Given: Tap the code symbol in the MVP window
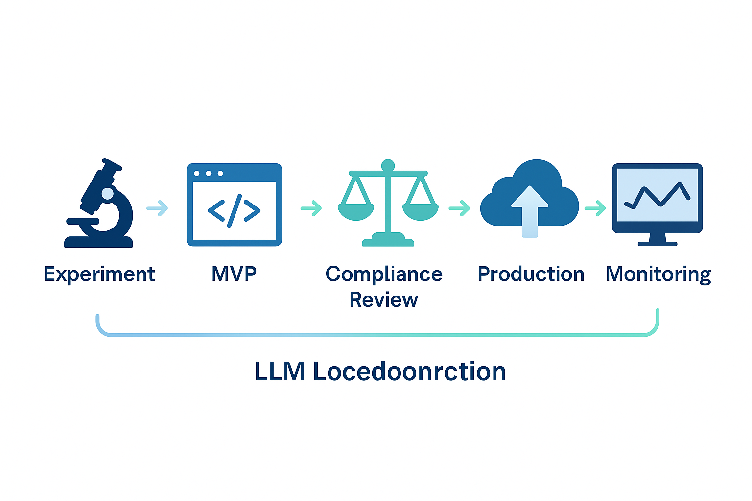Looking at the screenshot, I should tap(234, 210).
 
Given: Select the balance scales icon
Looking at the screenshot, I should tap(388, 203).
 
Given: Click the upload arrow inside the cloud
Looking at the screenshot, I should tap(529, 210).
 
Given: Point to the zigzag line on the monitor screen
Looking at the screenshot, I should tap(657, 195).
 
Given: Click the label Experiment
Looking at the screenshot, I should tap(99, 274).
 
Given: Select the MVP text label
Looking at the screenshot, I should tap(234, 274).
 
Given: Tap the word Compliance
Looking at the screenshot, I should tap(384, 274).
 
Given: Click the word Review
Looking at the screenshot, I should tap(383, 299).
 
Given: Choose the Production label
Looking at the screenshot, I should tap(531, 274).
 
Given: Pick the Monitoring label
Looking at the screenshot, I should tap(658, 274).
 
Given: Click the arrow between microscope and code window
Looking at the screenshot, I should tap(158, 208).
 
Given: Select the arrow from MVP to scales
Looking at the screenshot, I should tap(311, 208).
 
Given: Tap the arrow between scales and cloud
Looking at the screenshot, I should tap(460, 208).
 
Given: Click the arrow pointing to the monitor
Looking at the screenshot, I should tap(595, 208).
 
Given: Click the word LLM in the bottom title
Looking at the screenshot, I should tap(280, 371).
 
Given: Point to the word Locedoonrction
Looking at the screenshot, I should tap(409, 371).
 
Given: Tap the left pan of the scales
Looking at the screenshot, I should tap(356, 211).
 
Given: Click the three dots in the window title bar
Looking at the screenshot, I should tap(209, 174).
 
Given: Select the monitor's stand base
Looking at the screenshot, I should tap(657, 243).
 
